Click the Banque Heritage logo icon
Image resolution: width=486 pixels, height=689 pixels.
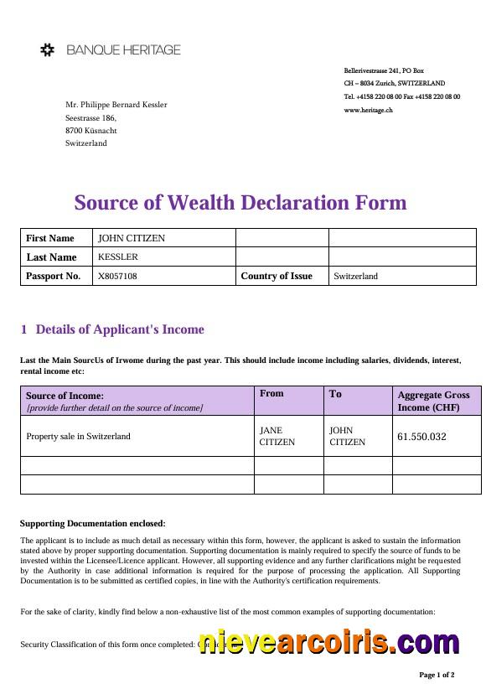pos(48,50)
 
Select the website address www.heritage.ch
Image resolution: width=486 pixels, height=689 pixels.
pos(368,111)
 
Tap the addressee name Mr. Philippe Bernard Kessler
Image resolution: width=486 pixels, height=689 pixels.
pos(116,105)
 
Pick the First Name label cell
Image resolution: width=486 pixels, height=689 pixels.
pos(50,238)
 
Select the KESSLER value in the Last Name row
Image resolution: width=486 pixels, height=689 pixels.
pos(118,256)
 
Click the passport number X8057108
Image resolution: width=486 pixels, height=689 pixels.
pos(118,276)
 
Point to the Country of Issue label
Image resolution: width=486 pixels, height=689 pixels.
pos(277,276)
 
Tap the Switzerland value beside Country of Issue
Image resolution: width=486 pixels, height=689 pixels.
pos(356,276)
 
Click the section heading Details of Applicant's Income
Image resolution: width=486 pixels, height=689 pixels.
pos(120,329)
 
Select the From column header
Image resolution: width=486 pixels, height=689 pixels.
pos(272,393)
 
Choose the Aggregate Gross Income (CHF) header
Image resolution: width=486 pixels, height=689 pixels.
pos(433,401)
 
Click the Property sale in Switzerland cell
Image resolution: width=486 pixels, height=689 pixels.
pos(79,436)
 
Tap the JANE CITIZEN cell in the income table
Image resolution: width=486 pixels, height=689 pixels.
pos(277,436)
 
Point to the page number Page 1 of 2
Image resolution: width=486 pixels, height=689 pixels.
pos(437,674)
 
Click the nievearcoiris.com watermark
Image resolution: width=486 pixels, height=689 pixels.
pos(329,642)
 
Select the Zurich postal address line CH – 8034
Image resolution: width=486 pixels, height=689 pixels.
pos(394,84)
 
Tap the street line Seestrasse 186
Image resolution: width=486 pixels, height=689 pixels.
pos(90,118)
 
